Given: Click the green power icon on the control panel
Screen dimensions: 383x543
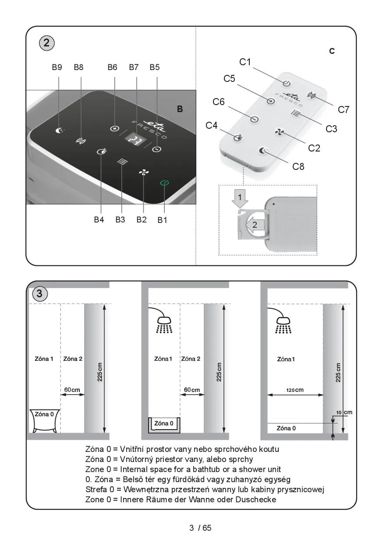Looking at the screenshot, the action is pyautogui.click(x=164, y=183).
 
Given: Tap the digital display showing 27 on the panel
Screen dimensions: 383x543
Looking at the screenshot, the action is pyautogui.click(x=135, y=140).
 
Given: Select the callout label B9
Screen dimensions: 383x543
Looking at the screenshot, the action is pyautogui.click(x=57, y=67).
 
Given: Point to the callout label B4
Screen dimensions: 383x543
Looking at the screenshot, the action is pyautogui.click(x=99, y=220).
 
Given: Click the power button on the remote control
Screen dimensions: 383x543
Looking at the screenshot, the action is pyautogui.click(x=287, y=83).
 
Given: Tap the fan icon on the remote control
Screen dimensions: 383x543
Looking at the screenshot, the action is pyautogui.click(x=279, y=132).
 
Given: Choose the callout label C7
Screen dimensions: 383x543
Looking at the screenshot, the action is pyautogui.click(x=344, y=110).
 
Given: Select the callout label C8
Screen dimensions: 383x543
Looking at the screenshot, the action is pyautogui.click(x=298, y=166).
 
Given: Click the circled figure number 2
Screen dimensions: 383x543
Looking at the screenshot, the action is pyautogui.click(x=46, y=43).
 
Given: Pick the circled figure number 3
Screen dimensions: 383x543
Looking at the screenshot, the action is pyautogui.click(x=40, y=294).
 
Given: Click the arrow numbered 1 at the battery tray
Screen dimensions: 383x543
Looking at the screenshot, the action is pyautogui.click(x=240, y=198).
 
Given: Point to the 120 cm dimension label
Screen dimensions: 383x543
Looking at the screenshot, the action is pyautogui.click(x=295, y=390).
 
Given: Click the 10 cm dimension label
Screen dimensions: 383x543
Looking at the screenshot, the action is pyautogui.click(x=344, y=413).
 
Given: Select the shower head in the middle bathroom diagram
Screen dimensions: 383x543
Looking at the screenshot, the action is pyautogui.click(x=164, y=320).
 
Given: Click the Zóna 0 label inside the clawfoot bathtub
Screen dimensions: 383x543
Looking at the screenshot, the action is pyautogui.click(x=44, y=414).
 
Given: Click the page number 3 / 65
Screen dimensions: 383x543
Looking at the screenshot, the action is pyautogui.click(x=200, y=528).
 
